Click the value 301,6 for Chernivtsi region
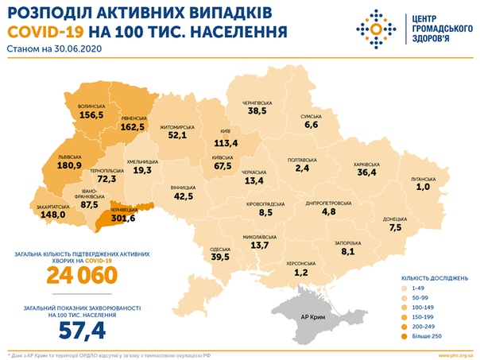[x=122, y=219]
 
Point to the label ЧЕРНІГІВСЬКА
[x=258, y=103]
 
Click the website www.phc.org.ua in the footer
[x=451, y=354]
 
